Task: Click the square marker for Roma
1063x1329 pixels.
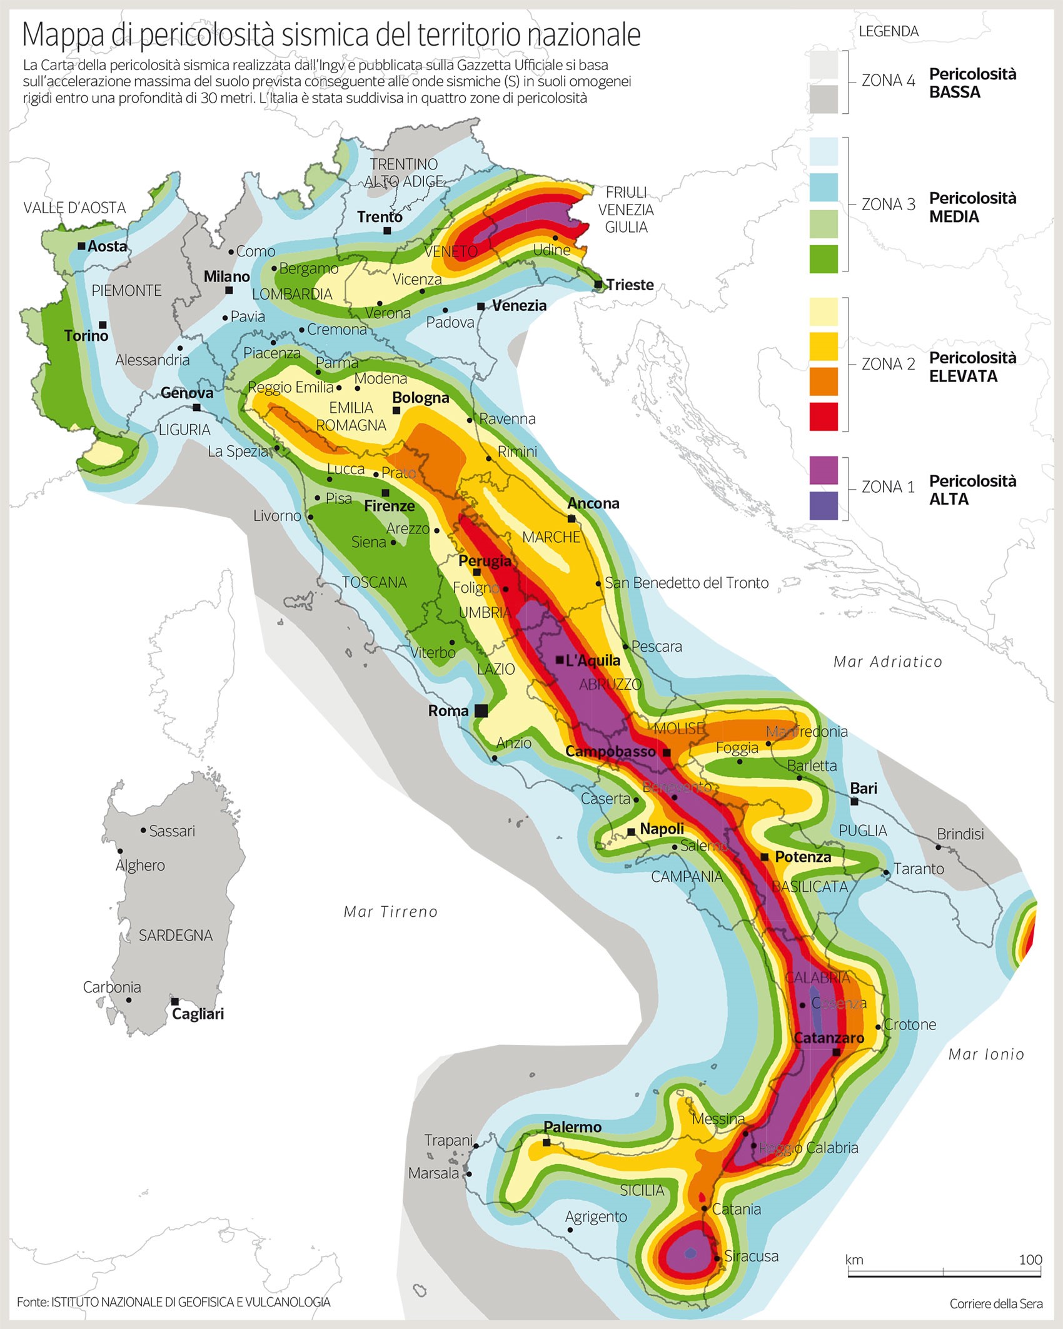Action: pos(481,710)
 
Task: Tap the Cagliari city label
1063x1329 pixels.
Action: pos(198,1014)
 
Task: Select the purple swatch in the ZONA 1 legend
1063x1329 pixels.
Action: pos(824,470)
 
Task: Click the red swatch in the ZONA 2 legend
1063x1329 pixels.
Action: pos(824,417)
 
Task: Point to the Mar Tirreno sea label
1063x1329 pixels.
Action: pos(391,912)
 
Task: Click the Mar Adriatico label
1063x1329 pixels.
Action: pos(887,662)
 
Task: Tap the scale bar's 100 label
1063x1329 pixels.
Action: pos(1030,1260)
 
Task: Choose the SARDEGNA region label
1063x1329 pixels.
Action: pos(176,936)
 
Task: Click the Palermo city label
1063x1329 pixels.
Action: pos(572,1127)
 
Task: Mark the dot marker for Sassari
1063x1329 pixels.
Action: pos(144,831)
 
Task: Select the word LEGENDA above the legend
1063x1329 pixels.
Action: pos(889,31)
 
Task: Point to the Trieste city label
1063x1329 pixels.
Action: pos(630,285)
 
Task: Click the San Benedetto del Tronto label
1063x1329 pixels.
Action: pos(687,583)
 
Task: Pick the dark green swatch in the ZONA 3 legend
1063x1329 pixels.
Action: pos(824,259)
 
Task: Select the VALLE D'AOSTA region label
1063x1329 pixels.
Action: pos(74,208)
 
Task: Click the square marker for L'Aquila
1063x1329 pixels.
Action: pos(560,660)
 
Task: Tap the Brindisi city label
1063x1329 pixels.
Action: pos(960,834)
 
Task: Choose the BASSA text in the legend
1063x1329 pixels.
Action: pos(954,93)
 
